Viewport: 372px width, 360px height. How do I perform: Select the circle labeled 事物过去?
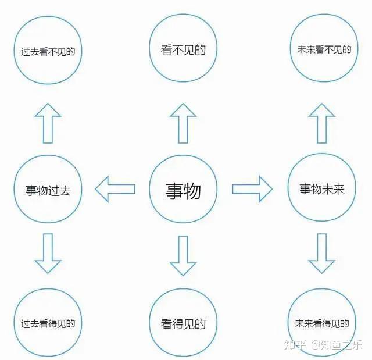pyautogui.click(x=48, y=189)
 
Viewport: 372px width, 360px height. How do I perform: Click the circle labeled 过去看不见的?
pyautogui.click(x=48, y=51)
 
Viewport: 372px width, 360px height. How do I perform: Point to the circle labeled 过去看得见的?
pyautogui.click(x=48, y=323)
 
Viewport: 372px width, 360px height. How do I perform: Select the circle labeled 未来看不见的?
pyautogui.click(x=321, y=49)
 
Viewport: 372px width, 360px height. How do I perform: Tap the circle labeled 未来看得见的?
pyautogui.click(x=321, y=323)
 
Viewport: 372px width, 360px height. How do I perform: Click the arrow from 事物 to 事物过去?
pyautogui.click(x=115, y=189)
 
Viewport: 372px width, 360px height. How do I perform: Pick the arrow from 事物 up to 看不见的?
pyautogui.click(x=183, y=123)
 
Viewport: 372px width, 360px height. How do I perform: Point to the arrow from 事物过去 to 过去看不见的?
pyautogui.click(x=48, y=123)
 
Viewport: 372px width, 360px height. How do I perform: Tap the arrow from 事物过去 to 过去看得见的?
pyautogui.click(x=48, y=254)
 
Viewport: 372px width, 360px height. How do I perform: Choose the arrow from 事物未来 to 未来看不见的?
pyautogui.click(x=321, y=123)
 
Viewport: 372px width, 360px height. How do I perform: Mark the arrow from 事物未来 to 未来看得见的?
pyautogui.click(x=321, y=254)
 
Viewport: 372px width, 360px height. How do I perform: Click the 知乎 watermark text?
pyautogui.click(x=294, y=345)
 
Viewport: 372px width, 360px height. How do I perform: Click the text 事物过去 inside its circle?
pyautogui.click(x=48, y=190)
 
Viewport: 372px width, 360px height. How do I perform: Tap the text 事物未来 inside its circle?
pyautogui.click(x=322, y=189)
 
